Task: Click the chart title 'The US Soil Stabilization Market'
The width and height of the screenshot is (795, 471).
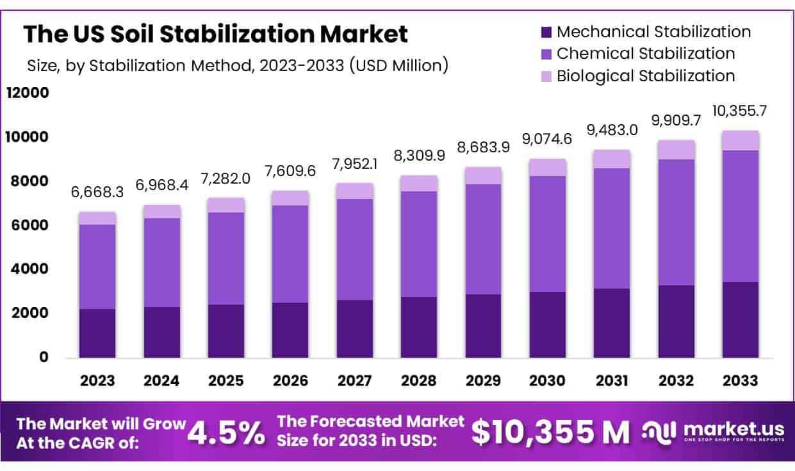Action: pyautogui.click(x=215, y=34)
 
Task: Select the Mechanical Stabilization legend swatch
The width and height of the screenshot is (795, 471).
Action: pyautogui.click(x=546, y=31)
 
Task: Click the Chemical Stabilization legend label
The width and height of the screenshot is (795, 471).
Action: pyautogui.click(x=646, y=53)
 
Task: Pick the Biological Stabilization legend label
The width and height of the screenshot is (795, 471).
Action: pyautogui.click(x=646, y=76)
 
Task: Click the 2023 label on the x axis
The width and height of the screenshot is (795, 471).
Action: pyautogui.click(x=97, y=380)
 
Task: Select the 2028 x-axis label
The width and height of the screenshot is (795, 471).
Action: pyautogui.click(x=418, y=380)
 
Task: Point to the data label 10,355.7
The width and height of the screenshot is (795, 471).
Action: pyautogui.click(x=739, y=111)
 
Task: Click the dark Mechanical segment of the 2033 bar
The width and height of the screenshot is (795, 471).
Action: pyautogui.click(x=741, y=319)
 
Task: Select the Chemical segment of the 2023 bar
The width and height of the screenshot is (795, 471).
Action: pyautogui.click(x=97, y=266)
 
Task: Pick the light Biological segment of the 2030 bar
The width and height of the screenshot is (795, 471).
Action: pyautogui.click(x=548, y=167)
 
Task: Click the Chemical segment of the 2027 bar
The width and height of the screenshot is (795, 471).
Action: pyautogui.click(x=354, y=249)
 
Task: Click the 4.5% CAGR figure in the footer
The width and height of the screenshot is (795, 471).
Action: pyautogui.click(x=226, y=433)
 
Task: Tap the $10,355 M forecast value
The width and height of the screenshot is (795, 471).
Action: pyautogui.click(x=550, y=433)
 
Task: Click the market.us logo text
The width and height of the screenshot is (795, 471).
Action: pyautogui.click(x=726, y=429)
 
